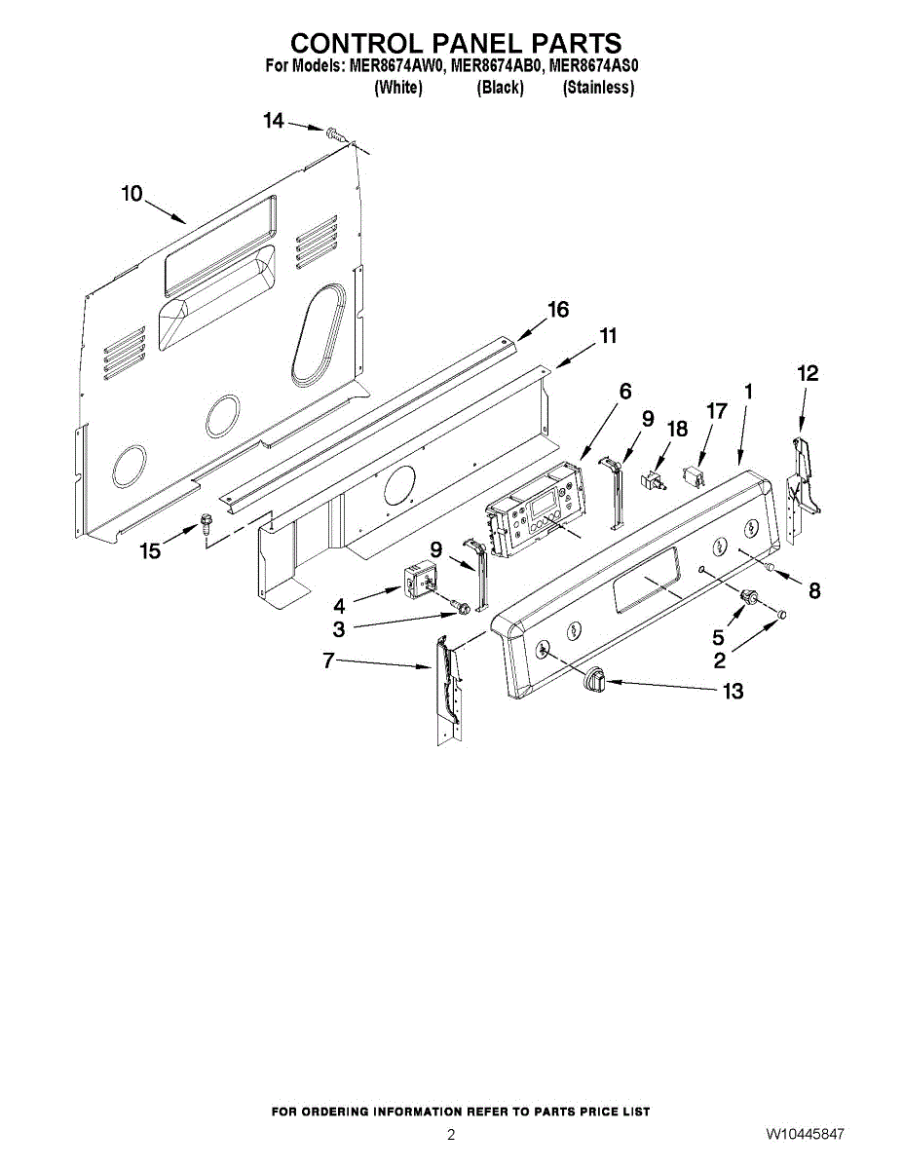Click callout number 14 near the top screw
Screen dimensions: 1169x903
[274, 121]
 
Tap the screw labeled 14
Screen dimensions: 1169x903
[335, 133]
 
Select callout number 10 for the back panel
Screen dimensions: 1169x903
[132, 193]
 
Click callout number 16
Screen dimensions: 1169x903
[557, 310]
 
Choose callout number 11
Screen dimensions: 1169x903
[607, 336]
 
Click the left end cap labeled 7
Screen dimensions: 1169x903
[446, 682]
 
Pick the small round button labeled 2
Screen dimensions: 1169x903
[781, 616]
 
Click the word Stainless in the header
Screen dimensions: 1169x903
[598, 88]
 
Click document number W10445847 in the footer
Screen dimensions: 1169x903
[805, 1135]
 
